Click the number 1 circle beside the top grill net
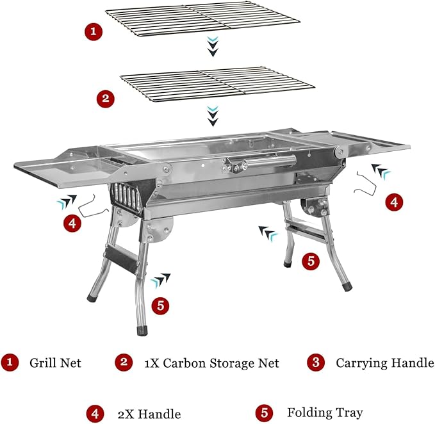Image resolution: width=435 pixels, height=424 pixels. pos(94,31)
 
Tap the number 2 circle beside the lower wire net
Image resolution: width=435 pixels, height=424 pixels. pos(106,99)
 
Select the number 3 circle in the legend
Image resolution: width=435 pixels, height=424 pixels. pos(316,362)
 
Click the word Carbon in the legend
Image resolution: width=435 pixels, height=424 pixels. pos(185,363)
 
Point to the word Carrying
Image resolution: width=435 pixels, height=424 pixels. pos(357,364)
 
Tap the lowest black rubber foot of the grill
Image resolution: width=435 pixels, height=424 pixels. pos(142,331)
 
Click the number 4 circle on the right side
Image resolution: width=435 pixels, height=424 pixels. pos(394,202)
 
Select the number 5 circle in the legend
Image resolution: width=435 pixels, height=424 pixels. pos(265,412)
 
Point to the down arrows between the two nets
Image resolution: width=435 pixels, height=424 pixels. pos(213,46)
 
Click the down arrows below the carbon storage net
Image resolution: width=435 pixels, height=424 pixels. pos(213,116)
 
